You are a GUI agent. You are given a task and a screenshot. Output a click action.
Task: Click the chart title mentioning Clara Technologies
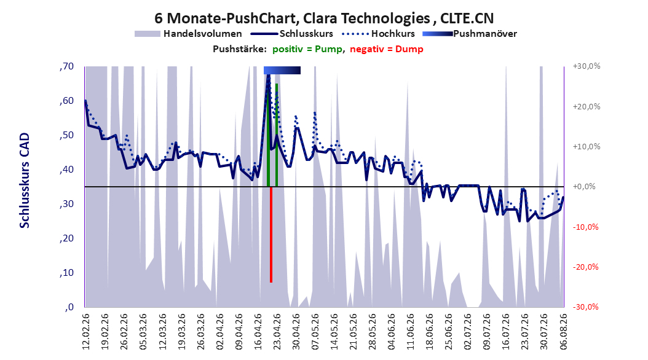pyautogui.click(x=324, y=18)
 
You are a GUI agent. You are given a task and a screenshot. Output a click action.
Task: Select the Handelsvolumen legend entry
pyautogui.click(x=189, y=34)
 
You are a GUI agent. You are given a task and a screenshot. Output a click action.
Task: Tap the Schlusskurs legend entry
pyautogui.click(x=292, y=34)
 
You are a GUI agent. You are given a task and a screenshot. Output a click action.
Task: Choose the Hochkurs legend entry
pyautogui.click(x=379, y=34)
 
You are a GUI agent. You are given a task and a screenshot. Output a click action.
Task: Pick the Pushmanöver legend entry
pyautogui.click(x=470, y=34)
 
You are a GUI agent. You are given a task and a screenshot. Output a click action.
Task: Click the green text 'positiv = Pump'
pyautogui.click(x=307, y=49)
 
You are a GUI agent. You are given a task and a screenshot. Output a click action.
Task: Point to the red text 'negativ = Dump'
pyautogui.click(x=387, y=49)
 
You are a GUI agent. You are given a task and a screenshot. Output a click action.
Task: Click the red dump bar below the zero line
pyautogui.click(x=271, y=235)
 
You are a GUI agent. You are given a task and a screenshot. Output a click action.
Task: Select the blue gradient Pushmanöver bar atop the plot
pyautogui.click(x=282, y=70)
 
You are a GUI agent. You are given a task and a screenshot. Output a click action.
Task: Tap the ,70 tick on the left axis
pyautogui.click(x=66, y=66)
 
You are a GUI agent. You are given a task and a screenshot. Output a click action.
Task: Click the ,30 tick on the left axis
pyautogui.click(x=66, y=204)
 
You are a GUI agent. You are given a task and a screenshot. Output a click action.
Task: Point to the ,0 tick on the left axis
pyautogui.click(x=69, y=307)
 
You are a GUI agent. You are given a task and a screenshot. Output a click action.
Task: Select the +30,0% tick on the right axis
pyautogui.click(x=587, y=66)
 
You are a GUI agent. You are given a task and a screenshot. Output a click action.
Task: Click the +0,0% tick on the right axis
pyautogui.click(x=584, y=187)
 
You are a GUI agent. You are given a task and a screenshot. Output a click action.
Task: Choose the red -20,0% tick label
pyautogui.click(x=585, y=267)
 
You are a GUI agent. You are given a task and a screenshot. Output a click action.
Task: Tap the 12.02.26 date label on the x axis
pyautogui.click(x=86, y=331)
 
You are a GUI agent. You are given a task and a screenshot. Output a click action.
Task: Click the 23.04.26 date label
pyautogui.click(x=277, y=331)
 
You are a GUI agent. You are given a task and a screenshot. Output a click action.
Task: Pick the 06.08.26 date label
pyautogui.click(x=564, y=331)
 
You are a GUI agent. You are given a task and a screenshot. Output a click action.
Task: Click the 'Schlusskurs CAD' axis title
pyautogui.click(x=25, y=181)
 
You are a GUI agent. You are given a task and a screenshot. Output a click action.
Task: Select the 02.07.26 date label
pyautogui.click(x=468, y=331)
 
